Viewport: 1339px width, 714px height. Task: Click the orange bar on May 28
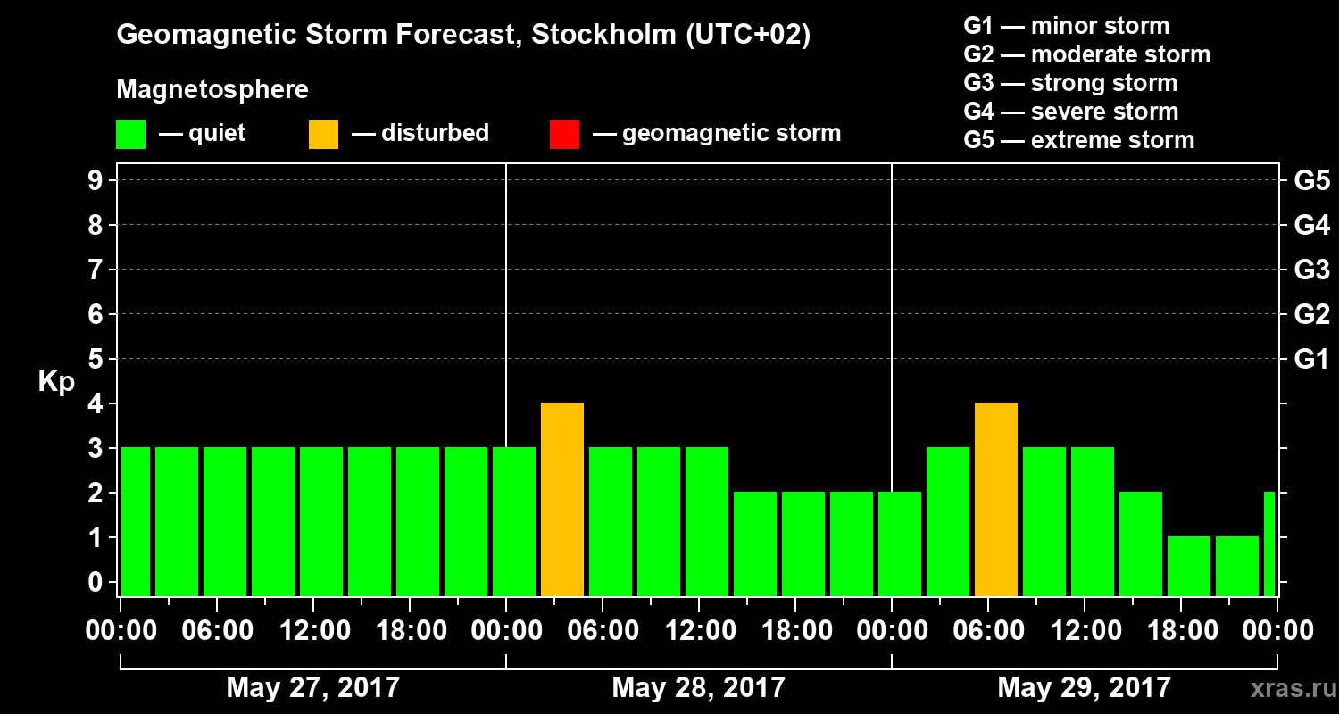point(562,499)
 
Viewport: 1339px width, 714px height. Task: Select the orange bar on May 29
point(996,499)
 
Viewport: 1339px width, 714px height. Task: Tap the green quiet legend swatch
point(131,135)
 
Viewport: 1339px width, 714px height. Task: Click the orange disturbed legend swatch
point(323,135)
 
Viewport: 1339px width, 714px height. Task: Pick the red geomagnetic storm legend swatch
point(564,135)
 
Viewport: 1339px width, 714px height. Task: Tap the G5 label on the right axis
point(1311,181)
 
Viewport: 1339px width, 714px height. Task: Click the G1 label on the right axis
point(1311,360)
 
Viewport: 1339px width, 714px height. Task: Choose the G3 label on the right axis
point(1311,270)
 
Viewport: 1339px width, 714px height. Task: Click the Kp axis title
point(56,382)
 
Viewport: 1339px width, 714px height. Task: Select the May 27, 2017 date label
point(312,688)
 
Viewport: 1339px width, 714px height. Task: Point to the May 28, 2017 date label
point(698,688)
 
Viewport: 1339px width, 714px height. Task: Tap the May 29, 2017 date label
point(1084,688)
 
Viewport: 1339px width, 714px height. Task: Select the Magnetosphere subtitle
point(212,90)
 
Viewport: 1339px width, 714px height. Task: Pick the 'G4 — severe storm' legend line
point(1071,112)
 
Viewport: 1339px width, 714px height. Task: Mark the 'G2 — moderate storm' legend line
point(1087,54)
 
